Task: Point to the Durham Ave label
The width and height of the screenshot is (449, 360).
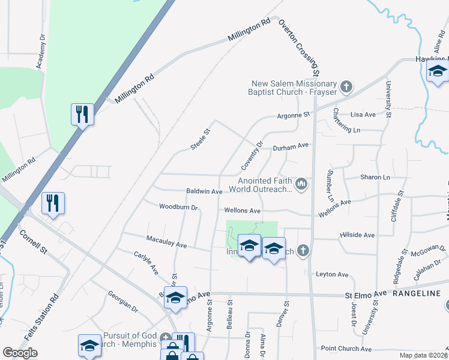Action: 291,146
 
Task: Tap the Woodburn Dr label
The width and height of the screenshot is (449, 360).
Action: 178,207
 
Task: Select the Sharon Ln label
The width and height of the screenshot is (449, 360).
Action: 375,178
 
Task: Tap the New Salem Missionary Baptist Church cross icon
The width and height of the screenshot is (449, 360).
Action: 345,88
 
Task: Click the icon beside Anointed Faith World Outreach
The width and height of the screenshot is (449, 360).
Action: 302,183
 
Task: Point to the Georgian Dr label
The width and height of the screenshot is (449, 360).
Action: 123,302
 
